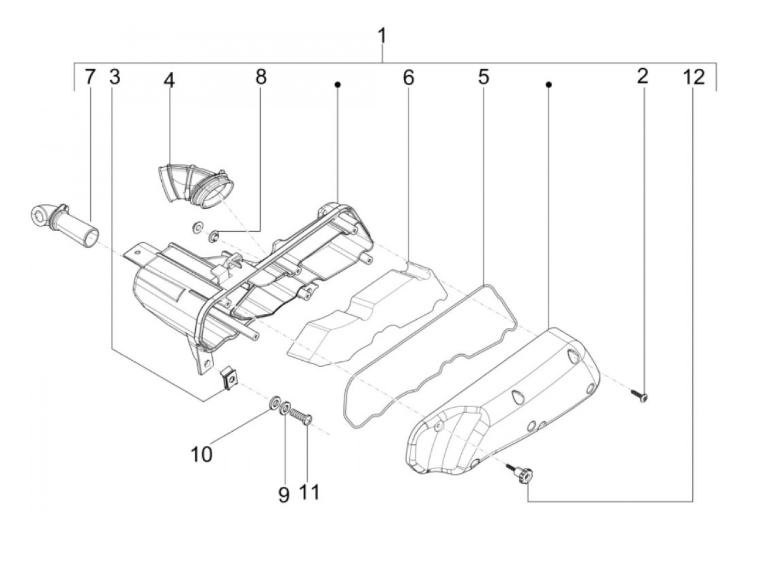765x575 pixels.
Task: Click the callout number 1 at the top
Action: pyautogui.click(x=382, y=37)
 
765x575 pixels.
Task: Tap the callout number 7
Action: pyautogui.click(x=90, y=77)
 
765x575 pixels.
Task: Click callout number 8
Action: pyautogui.click(x=261, y=77)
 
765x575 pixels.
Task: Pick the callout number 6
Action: pyautogui.click(x=408, y=78)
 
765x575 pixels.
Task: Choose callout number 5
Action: pyautogui.click(x=483, y=77)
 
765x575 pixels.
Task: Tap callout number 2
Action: pyautogui.click(x=643, y=76)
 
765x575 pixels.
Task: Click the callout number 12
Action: pyautogui.click(x=693, y=77)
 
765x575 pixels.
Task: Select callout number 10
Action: pyautogui.click(x=201, y=454)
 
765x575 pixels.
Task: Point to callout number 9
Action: pyautogui.click(x=284, y=495)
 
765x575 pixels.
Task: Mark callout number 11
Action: pyautogui.click(x=309, y=492)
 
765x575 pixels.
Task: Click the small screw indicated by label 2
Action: pyautogui.click(x=640, y=394)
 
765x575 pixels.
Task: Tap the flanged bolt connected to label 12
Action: pyautogui.click(x=522, y=473)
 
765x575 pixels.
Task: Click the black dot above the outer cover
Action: pyautogui.click(x=549, y=84)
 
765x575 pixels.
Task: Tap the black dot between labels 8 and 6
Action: pyautogui.click(x=338, y=84)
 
